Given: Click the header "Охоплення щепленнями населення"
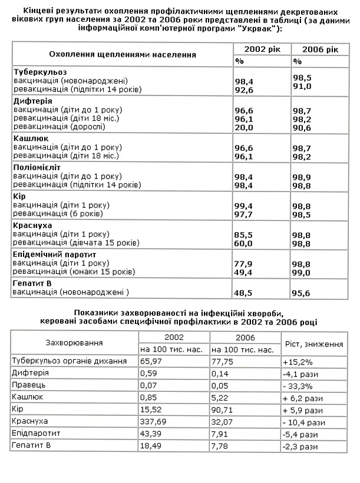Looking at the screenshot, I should (122, 54).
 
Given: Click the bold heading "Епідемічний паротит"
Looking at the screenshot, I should (55, 254).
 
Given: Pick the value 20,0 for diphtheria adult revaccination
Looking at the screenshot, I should (244, 127).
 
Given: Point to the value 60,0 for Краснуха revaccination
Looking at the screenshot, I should (244, 243).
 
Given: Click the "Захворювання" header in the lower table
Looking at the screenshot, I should (74, 342).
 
